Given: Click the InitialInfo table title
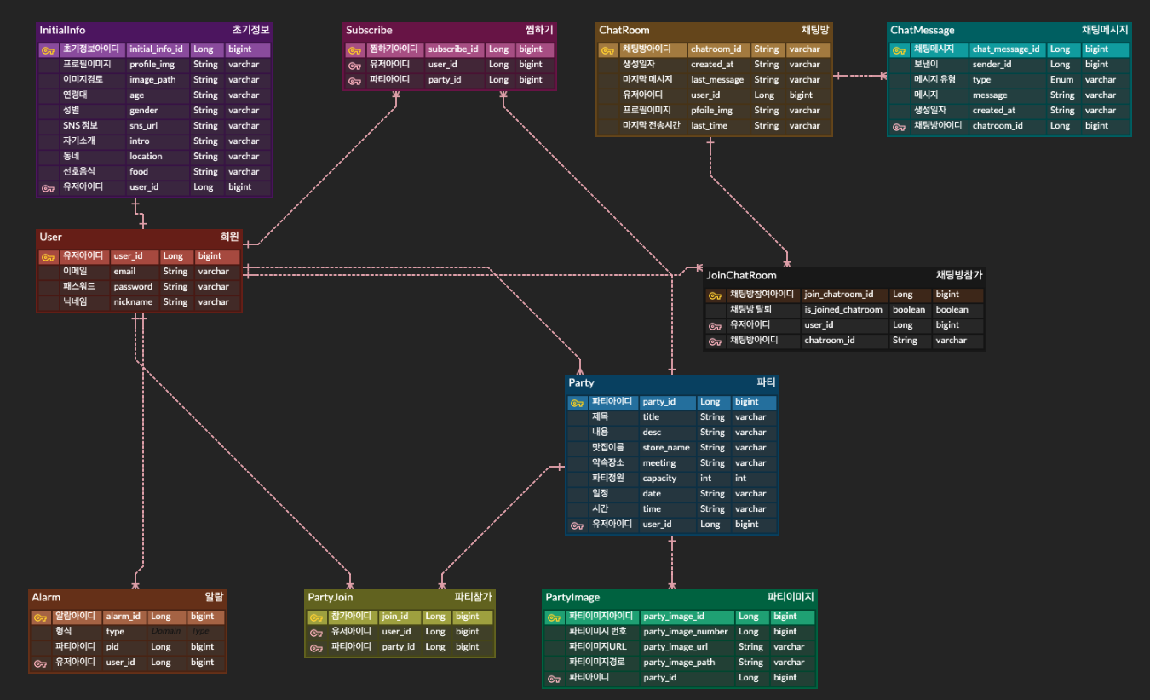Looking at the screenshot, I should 62,30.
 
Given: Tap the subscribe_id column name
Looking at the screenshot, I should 452,49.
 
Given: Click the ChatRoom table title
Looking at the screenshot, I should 624,30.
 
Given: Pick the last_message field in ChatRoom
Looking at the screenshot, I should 716,80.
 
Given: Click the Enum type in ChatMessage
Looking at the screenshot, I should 1061,80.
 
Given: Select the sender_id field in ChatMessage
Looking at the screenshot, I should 992,65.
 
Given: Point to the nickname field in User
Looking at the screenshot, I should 133,302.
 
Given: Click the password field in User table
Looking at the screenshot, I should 133,287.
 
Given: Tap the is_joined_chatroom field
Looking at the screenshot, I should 842,310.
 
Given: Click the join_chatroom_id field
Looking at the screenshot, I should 838,295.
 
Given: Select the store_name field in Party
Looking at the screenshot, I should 665,448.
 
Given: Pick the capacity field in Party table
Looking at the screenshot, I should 659,479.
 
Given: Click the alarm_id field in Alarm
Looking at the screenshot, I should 122,617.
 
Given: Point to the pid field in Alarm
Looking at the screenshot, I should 112,647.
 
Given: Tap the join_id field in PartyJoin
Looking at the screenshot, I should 394,617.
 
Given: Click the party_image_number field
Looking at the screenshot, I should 686,632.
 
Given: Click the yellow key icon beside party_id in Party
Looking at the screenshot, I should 577,403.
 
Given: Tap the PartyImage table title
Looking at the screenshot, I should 572,597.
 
